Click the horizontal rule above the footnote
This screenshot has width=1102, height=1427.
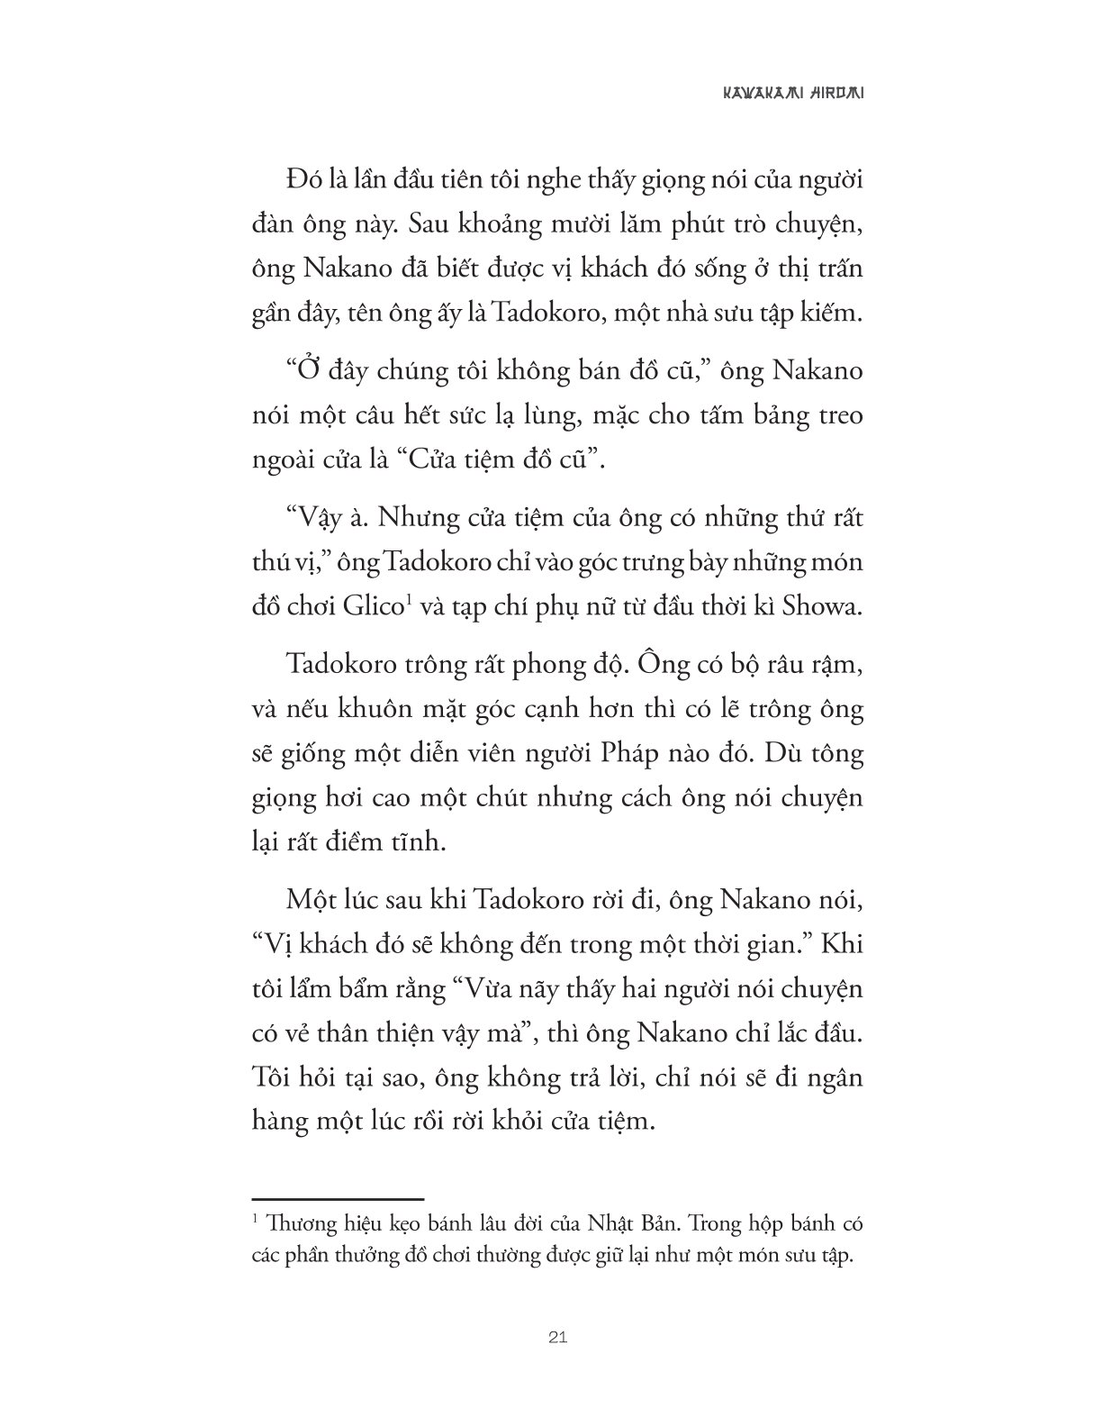pos(338,1199)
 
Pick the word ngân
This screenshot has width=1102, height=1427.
pos(833,1078)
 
